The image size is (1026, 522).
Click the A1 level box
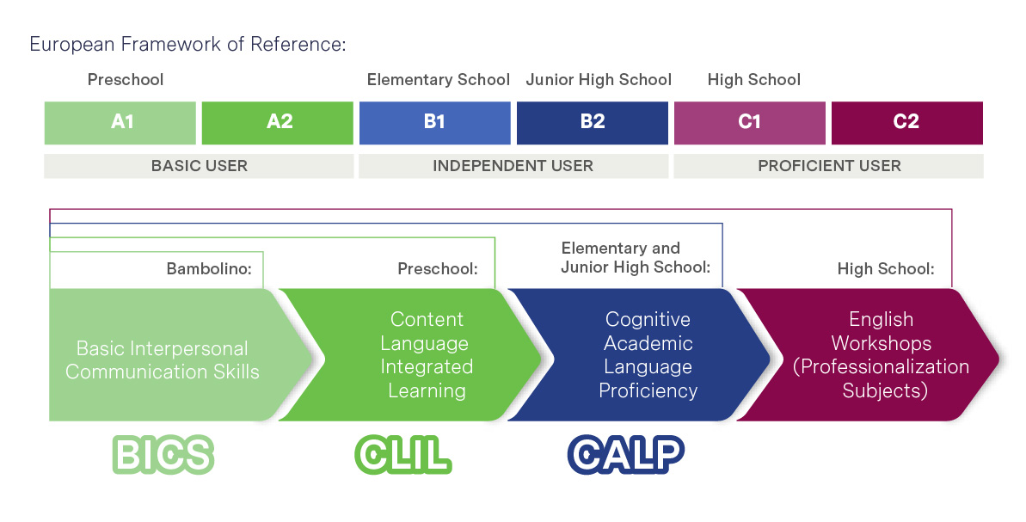pyautogui.click(x=120, y=123)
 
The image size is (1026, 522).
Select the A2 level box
pyautogui.click(x=278, y=123)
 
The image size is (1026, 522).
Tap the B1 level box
pyautogui.click(x=435, y=123)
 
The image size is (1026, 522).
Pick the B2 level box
pyautogui.click(x=593, y=123)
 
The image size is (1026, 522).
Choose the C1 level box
pyautogui.click(x=750, y=123)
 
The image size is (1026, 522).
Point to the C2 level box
pyautogui.click(x=907, y=123)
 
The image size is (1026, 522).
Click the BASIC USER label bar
pyautogui.click(x=199, y=166)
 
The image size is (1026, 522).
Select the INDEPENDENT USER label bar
pyautogui.click(x=513, y=166)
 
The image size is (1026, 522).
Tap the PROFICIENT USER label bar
pyautogui.click(x=828, y=166)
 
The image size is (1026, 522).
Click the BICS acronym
pyautogui.click(x=163, y=454)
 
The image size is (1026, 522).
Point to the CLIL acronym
pyautogui.click(x=403, y=454)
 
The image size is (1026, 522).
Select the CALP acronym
pyautogui.click(x=625, y=454)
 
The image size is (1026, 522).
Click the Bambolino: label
pyautogui.click(x=209, y=269)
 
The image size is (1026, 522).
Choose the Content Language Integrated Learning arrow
pyautogui.click(x=411, y=354)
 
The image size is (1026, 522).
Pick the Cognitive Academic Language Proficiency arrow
pyautogui.click(x=639, y=354)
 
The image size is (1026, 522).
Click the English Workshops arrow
pyautogui.click(x=869, y=354)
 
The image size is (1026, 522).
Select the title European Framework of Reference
pyautogui.click(x=187, y=45)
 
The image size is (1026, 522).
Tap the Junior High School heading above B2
pyautogui.click(x=599, y=80)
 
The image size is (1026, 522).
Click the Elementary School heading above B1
pyautogui.click(x=439, y=80)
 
